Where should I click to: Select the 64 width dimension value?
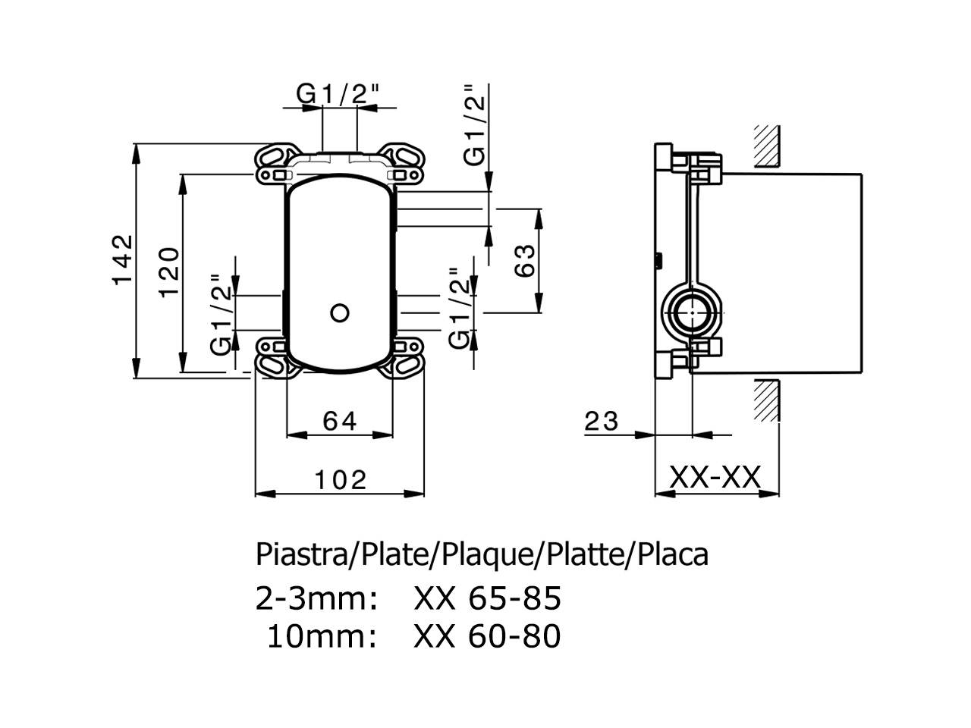[x=339, y=420]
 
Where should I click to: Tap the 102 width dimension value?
[x=340, y=479]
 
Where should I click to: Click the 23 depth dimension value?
[x=602, y=420]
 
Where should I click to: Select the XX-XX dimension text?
[x=715, y=478]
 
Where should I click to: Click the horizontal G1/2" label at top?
[x=338, y=94]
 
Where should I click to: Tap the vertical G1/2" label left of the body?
[x=220, y=315]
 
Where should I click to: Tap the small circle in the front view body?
[x=340, y=312]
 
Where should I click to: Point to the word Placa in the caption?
[x=673, y=554]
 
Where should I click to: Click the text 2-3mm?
[x=316, y=598]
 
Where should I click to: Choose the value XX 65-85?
[x=487, y=598]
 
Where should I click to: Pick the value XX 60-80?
[x=487, y=636]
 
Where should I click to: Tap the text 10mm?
[x=322, y=636]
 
